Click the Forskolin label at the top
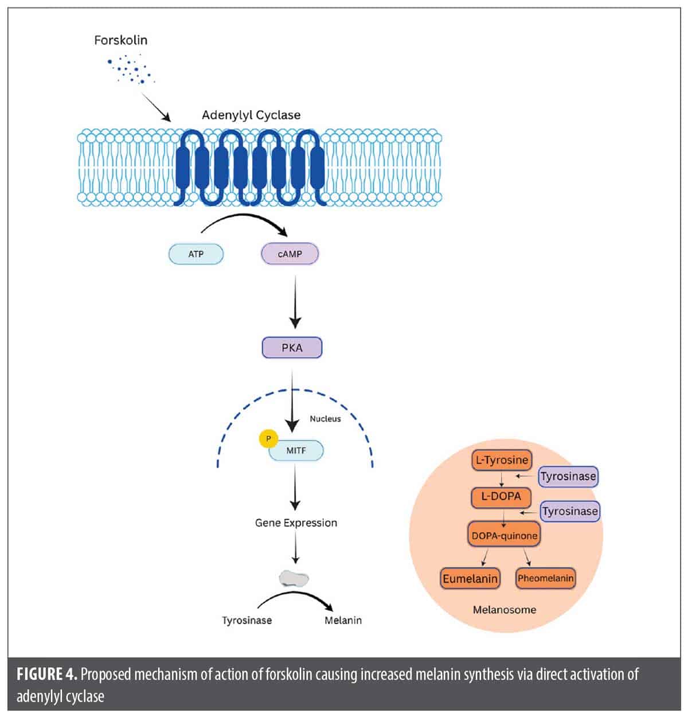tap(120, 40)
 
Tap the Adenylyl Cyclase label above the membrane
tap(251, 115)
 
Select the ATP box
tap(196, 254)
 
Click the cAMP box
tap(290, 254)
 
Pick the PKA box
tap(292, 348)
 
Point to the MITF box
tap(296, 450)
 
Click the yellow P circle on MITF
tap(268, 439)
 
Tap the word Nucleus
tap(325, 419)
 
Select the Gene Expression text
tap(296, 523)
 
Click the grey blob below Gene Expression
tap(294, 578)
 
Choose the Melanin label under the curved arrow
tap(343, 620)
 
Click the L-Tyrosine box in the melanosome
tap(502, 460)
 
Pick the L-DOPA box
tap(501, 497)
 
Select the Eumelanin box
tap(470, 578)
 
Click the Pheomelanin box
tap(545, 578)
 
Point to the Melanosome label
tap(505, 610)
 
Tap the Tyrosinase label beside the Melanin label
tap(247, 620)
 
